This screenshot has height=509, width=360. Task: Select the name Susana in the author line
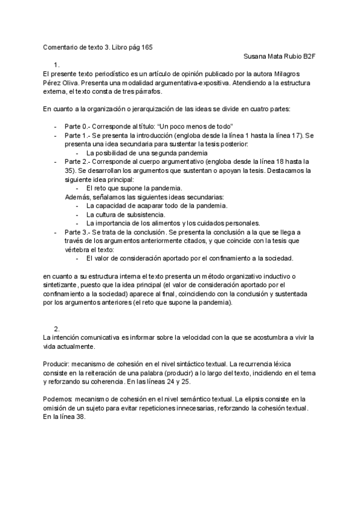(256, 56)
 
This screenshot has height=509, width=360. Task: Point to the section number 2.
(56, 329)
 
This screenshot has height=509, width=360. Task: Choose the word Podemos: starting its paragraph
(58, 399)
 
